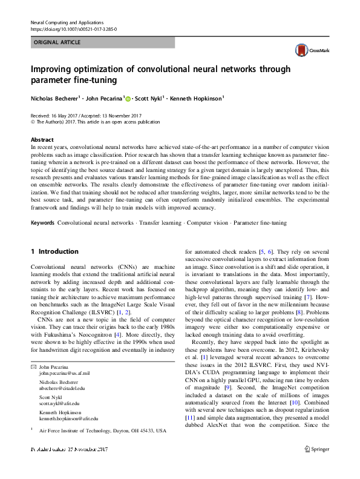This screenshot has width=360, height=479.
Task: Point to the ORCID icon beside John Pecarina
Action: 128,98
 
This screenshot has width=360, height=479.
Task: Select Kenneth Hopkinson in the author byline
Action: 196,98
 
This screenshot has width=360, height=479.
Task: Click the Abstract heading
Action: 42,139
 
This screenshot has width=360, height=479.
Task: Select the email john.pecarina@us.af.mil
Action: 65,357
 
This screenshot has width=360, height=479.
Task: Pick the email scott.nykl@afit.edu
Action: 59,386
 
